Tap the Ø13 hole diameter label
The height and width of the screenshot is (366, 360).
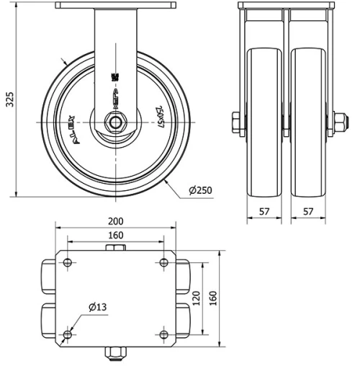(x=98, y=308)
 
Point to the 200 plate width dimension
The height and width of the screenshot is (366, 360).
(x=116, y=221)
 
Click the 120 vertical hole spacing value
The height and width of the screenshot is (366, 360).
(x=196, y=298)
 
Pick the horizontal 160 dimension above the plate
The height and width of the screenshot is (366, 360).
(x=116, y=235)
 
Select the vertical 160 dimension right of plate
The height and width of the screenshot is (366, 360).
(x=212, y=298)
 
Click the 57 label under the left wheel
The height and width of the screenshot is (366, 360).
(x=264, y=213)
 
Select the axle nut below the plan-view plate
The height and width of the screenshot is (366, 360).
(x=116, y=352)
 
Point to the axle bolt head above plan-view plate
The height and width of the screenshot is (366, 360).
(x=116, y=248)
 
